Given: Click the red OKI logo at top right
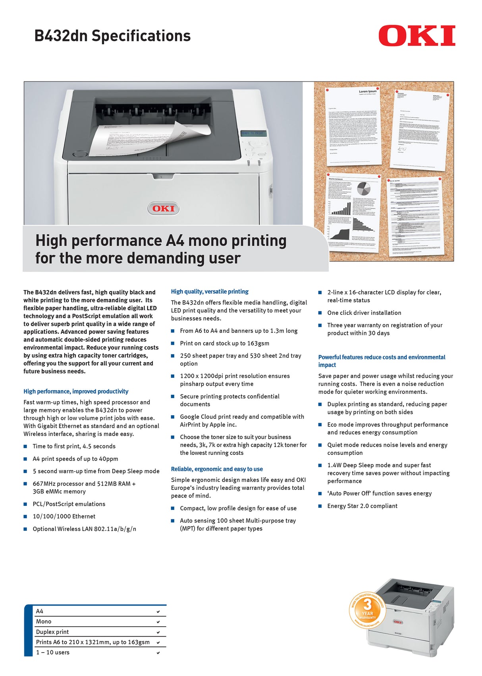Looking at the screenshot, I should coord(416,36).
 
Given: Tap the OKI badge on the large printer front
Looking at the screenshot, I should coord(163,208).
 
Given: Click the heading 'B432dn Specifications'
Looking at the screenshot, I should coord(112,36).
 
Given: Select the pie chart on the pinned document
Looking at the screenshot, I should coord(363,188).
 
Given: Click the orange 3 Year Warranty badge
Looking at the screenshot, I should coord(367,611).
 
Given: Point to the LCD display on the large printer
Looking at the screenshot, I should coord(253,133).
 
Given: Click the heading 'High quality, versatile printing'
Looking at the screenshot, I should coord(210,291).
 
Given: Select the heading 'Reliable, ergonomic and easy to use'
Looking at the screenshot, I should coord(217,469).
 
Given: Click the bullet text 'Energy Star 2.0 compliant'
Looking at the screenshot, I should coord(362,506).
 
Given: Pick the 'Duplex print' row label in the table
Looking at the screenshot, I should coord(52,632).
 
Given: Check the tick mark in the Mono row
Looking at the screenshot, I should coord(158,622).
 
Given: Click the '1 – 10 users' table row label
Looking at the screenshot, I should coord(53,653).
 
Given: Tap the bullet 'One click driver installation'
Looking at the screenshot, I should coord(364,313).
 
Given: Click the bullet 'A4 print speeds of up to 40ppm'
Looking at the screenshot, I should coord(75,459).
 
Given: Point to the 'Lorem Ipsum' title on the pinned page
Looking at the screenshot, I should coord(368,91).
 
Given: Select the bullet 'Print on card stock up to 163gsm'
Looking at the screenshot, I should coord(224,343).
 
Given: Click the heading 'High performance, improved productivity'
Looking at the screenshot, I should coord(76,391).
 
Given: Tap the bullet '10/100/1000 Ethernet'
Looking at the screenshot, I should coord(64,517).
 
